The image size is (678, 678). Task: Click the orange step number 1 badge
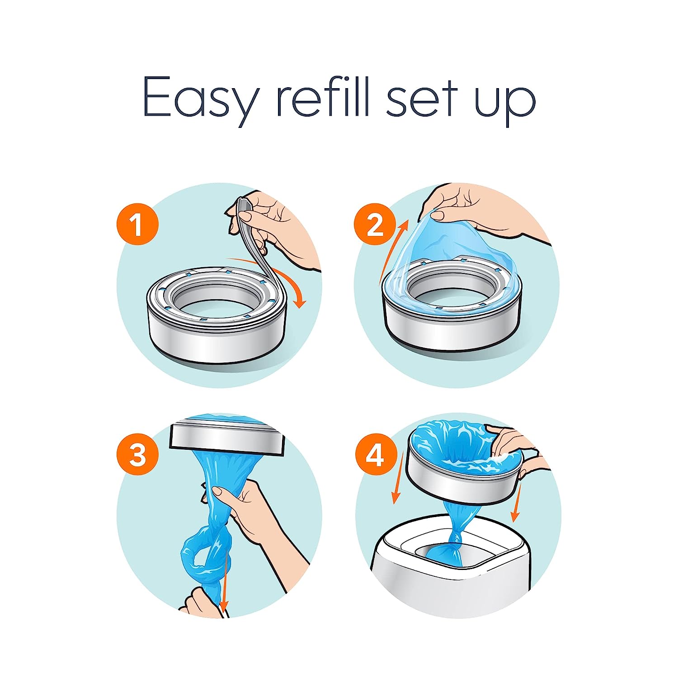138,225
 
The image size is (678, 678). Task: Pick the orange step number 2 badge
375,225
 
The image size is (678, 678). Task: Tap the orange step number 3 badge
138,455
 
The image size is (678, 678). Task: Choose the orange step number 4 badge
375,455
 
